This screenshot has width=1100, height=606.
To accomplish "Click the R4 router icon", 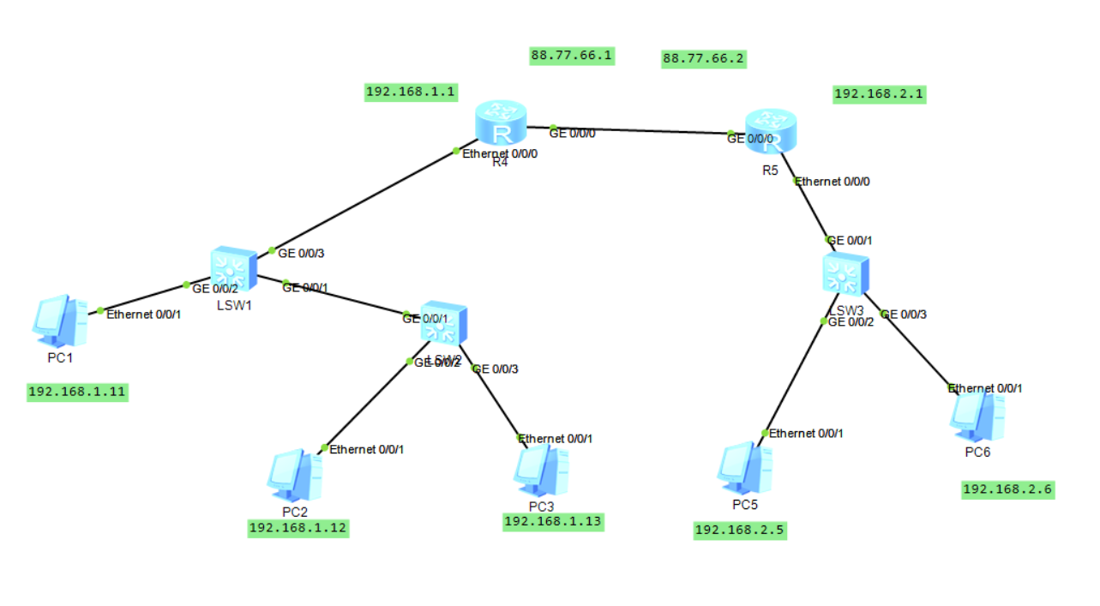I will click(501, 123).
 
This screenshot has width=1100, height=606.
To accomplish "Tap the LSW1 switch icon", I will click(233, 269).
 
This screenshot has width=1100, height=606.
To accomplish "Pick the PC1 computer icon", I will click(59, 319).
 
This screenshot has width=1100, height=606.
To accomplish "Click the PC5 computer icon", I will click(744, 468).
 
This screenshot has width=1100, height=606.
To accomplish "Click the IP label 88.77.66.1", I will click(572, 56).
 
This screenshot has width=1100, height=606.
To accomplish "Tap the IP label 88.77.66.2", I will click(703, 58).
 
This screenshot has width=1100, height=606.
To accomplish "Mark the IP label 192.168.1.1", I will click(411, 91).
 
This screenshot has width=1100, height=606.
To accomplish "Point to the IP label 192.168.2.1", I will click(879, 93).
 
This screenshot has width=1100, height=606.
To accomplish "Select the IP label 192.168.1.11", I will click(77, 392).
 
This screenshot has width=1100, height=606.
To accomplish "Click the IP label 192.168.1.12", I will click(298, 527).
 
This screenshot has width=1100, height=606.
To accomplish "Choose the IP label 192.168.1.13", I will click(553, 521).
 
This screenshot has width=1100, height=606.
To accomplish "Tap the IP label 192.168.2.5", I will click(739, 530).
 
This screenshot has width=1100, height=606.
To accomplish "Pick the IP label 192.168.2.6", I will click(1007, 489).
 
